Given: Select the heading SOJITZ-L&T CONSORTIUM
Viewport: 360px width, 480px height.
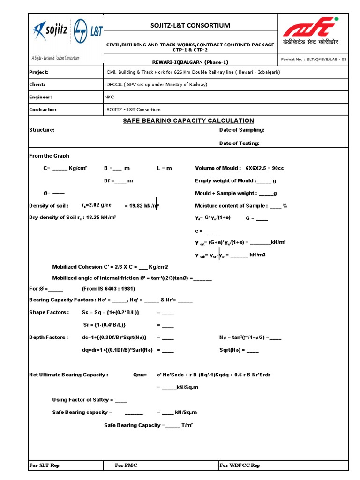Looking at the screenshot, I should coord(190,25).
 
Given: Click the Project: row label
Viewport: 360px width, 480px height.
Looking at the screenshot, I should coord(39,72).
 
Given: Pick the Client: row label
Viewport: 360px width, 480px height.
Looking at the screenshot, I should coord(37,84).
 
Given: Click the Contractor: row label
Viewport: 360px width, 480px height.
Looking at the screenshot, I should coord(43,109).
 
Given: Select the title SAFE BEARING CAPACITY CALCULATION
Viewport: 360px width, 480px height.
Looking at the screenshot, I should coord(188,120).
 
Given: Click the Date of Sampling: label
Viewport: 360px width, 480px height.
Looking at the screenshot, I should coord(242,130).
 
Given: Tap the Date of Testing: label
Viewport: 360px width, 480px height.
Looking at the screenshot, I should coord(240,143).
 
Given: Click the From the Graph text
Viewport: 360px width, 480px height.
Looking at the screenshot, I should coord(49,156).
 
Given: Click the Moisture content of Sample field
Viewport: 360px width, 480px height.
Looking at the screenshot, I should coord(240,206).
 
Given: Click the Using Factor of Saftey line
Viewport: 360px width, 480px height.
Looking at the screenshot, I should coord(89,400).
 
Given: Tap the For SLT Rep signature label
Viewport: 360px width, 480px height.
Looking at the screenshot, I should coord(44,465).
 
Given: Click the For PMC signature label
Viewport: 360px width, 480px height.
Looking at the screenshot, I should coord(126,465).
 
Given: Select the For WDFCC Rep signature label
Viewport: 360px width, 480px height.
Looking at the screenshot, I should coord(240,465).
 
